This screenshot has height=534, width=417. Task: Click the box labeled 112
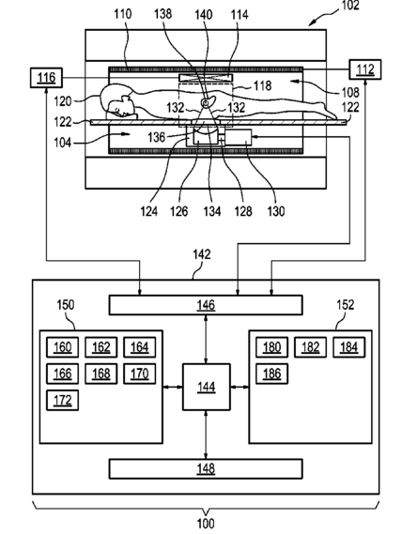point(365,69)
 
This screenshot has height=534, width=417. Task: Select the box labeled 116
point(46,78)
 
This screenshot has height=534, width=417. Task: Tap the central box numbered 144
point(207,387)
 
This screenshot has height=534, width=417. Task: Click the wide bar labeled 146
point(206,305)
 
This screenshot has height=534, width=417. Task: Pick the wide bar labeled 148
point(206,469)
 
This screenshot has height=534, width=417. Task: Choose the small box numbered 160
point(63,347)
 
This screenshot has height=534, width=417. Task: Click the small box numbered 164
point(140,347)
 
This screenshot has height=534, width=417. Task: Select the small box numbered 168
point(101,374)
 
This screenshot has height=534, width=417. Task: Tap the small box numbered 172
point(63,400)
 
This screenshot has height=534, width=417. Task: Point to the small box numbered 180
point(271,347)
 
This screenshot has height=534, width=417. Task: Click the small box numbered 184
point(348,347)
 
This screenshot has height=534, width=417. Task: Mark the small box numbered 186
point(271,374)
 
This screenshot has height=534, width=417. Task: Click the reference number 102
point(350,5)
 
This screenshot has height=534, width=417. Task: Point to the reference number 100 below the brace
point(206,524)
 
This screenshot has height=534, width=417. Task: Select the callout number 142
point(202,254)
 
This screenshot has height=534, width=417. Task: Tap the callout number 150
point(66,304)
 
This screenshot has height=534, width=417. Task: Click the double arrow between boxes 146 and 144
point(206,339)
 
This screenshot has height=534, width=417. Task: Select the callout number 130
point(276,211)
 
